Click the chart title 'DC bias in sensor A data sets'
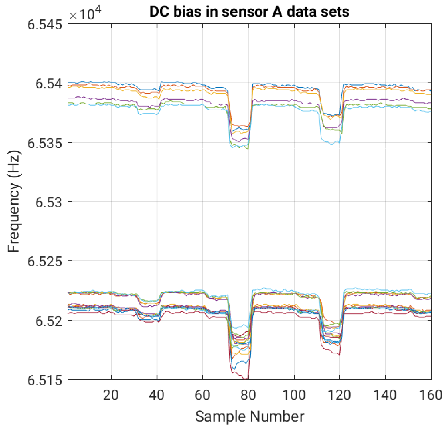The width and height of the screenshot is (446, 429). point(249,12)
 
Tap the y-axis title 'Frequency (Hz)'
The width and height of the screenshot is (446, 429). point(14,201)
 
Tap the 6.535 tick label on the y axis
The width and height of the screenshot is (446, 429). point(45,143)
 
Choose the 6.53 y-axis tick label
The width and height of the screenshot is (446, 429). point(49,202)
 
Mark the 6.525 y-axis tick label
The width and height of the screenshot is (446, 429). point(45,261)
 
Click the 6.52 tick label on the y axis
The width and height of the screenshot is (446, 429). point(49,321)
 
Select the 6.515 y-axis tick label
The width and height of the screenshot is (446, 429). point(45,380)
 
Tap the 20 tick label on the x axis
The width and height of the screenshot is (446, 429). point(111,395)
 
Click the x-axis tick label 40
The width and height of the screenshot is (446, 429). point(156,395)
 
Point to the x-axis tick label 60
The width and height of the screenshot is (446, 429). point(202,395)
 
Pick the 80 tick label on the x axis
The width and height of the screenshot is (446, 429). point(248,395)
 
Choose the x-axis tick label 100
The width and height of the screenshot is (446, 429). point(294,395)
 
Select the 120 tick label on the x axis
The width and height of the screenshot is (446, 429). point(339,395)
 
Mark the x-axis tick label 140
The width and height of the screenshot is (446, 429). point(385,395)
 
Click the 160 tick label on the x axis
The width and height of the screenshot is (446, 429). point(431,395)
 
